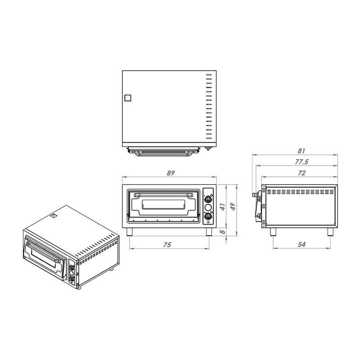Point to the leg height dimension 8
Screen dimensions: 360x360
tap(222, 232)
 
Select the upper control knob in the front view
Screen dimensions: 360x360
tap(208, 199)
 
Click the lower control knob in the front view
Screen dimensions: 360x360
tap(208, 217)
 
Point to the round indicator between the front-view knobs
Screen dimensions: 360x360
tap(208, 208)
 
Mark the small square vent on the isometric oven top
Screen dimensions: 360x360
tap(54, 216)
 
